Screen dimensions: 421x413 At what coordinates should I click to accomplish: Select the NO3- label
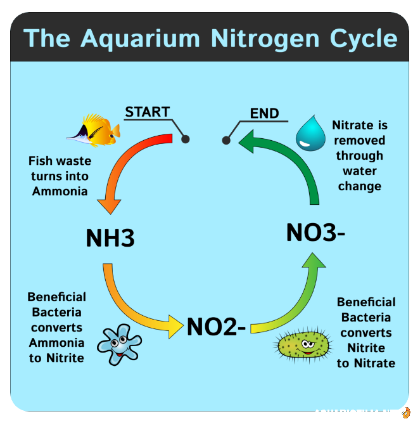coord(315,232)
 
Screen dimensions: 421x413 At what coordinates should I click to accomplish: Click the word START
coord(147,112)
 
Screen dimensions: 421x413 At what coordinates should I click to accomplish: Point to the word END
coord(264,113)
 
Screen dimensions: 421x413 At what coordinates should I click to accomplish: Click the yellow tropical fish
coord(94,129)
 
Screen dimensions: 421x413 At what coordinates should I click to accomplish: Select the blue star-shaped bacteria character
coord(118,342)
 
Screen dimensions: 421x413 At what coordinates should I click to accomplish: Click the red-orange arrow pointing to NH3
coord(127,165)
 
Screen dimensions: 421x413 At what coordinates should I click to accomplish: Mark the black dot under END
coord(226,140)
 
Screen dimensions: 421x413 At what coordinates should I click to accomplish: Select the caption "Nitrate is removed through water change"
coord(359,155)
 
